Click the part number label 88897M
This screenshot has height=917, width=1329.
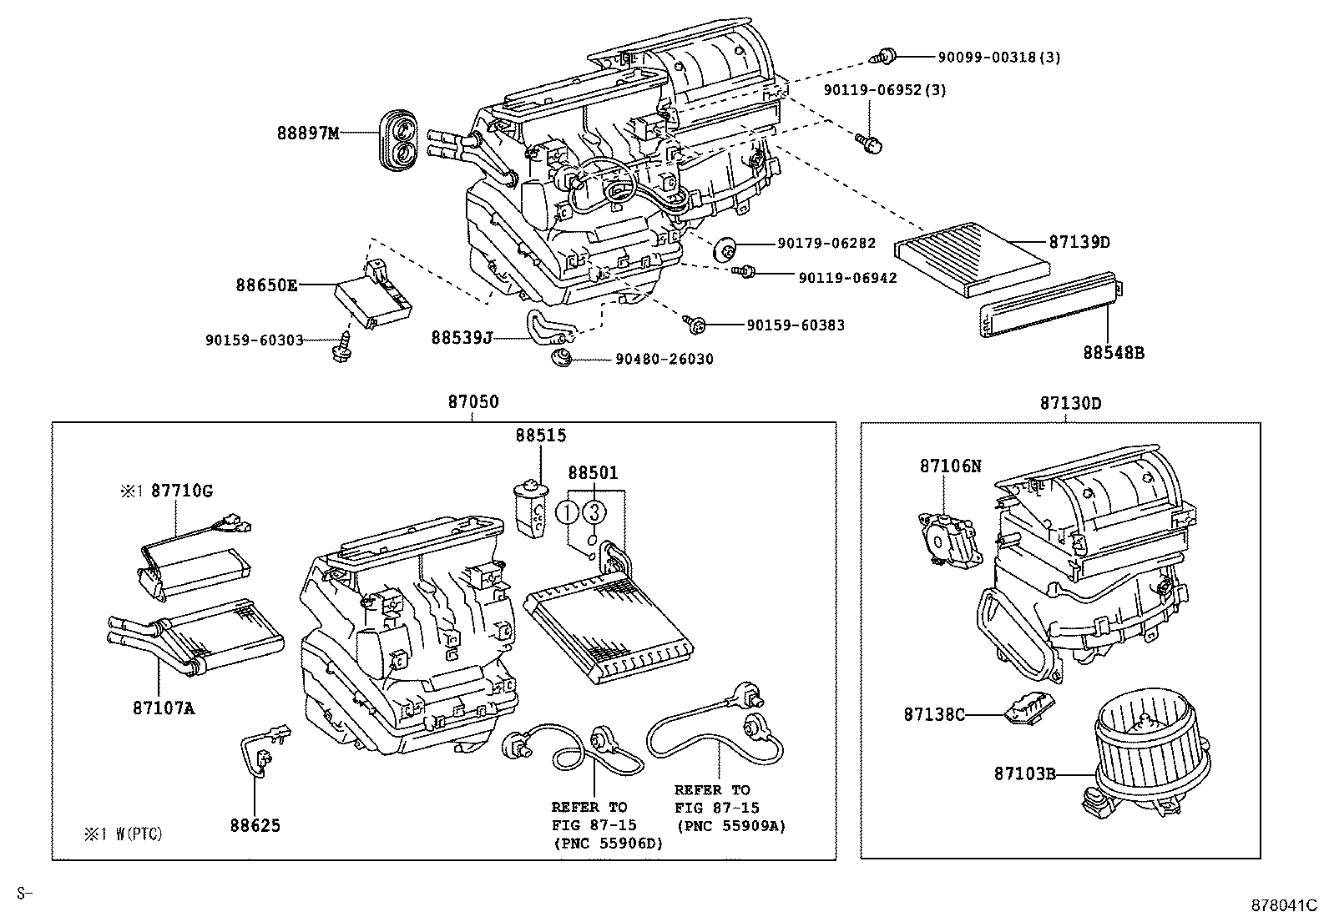[308, 133]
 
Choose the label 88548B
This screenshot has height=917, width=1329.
[1114, 353]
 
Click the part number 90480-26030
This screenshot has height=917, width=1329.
[664, 359]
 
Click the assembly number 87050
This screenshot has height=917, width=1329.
[472, 402]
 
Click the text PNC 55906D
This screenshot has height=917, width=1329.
[607, 844]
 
